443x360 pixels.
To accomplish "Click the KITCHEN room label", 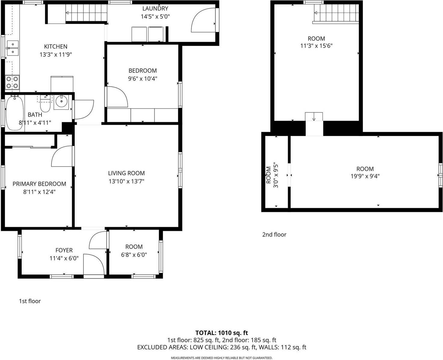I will tap(56, 47).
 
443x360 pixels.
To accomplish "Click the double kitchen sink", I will tap(12, 48).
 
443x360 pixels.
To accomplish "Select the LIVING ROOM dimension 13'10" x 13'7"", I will tap(126, 181).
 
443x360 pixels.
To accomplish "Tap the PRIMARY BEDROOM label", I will tap(39, 184).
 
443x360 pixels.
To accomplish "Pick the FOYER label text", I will tap(64, 250).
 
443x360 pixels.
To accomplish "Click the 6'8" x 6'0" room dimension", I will tap(134, 255).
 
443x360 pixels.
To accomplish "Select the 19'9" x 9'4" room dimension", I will tap(365, 177).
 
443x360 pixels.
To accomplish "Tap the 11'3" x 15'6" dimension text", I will tap(316, 46).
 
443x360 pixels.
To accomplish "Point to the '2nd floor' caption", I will tap(274, 235).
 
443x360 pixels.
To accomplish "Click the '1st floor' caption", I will tap(30, 301).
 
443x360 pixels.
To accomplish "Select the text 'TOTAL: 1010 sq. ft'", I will tap(221, 333).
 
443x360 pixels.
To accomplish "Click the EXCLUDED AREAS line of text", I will tap(221, 347).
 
